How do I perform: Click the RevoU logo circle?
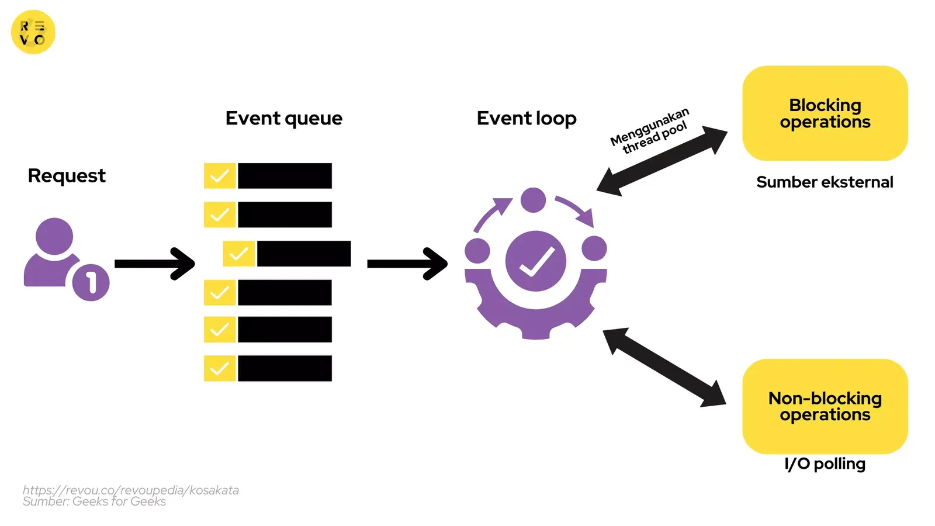click(33, 32)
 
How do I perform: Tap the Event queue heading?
click(284, 119)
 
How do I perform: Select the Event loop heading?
click(527, 119)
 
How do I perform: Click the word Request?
click(67, 176)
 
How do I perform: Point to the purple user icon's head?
click(54, 236)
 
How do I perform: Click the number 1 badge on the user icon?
click(91, 283)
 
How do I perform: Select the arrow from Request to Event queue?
click(154, 264)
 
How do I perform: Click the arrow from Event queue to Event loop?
click(407, 264)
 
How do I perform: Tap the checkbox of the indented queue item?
click(238, 254)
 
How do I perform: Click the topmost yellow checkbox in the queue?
click(219, 176)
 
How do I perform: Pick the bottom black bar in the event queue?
click(285, 368)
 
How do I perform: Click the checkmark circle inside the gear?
click(535, 261)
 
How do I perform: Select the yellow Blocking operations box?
click(825, 113)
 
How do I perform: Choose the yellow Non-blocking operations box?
click(825, 406)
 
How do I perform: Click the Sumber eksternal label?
click(825, 182)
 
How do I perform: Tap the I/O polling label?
click(825, 464)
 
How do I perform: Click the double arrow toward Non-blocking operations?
click(664, 367)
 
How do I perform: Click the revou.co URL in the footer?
click(131, 490)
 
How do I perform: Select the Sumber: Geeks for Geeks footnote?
click(94, 501)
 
